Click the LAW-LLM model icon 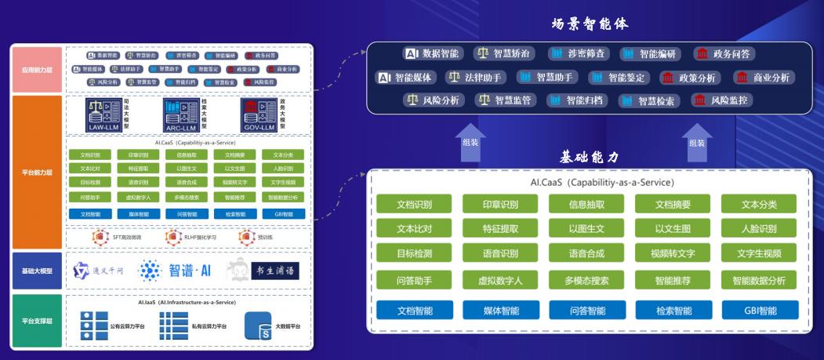(x=103, y=115)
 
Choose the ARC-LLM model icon (x=180, y=115)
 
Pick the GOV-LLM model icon (x=258, y=115)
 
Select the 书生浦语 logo (x=263, y=271)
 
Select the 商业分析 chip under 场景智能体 (x=764, y=78)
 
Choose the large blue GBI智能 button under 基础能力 (x=759, y=310)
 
